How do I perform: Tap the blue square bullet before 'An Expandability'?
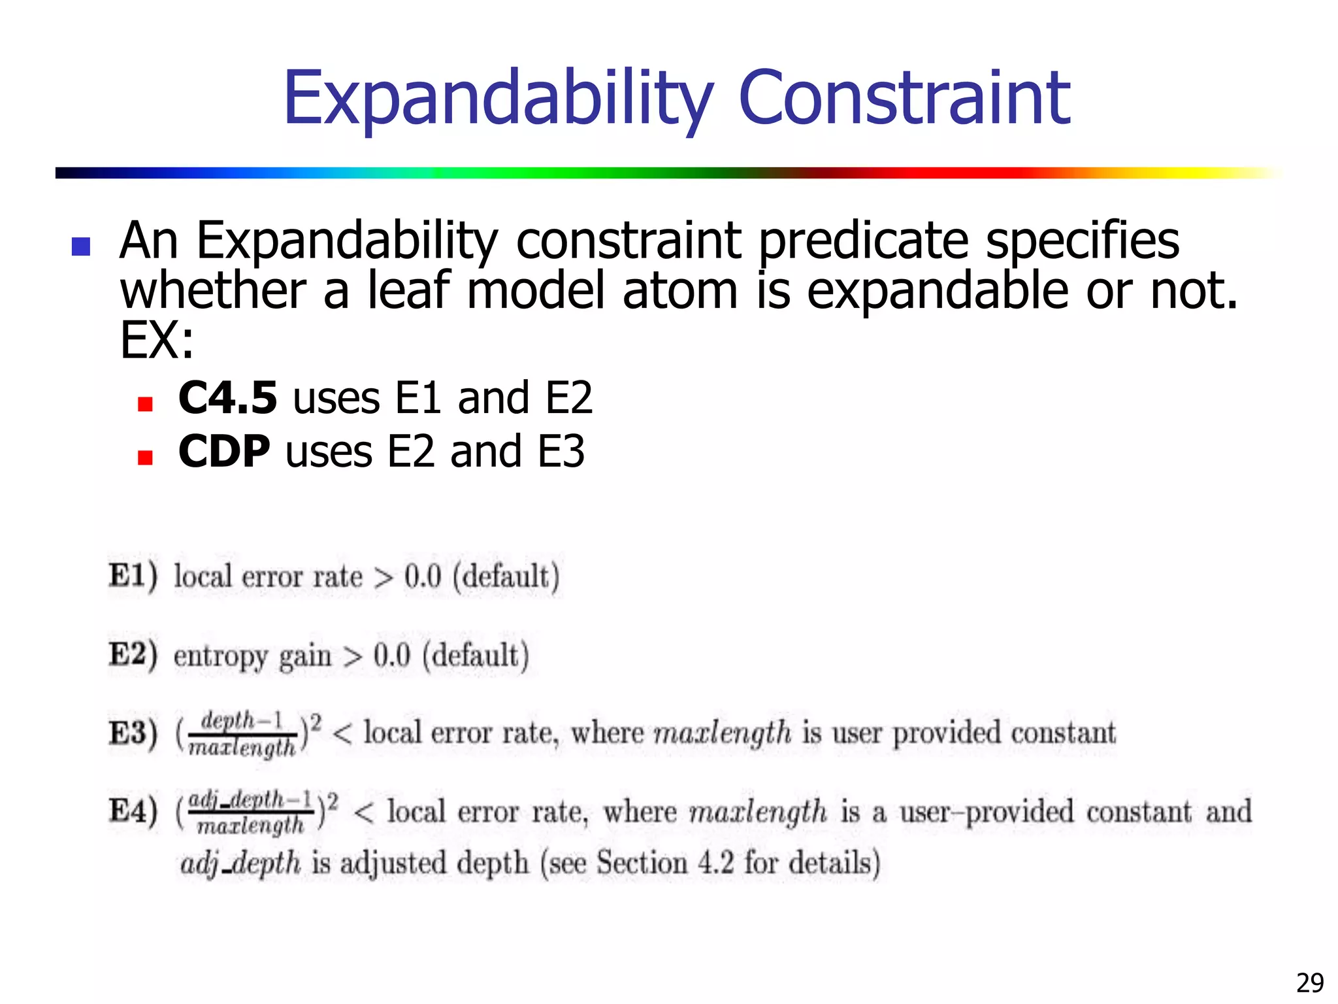[x=81, y=246]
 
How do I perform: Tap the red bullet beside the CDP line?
[x=145, y=457]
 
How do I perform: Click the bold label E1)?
[x=133, y=576]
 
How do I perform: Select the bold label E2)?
[x=133, y=654]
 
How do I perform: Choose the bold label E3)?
[x=133, y=733]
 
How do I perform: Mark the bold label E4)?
[x=133, y=811]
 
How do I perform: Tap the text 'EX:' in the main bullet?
[x=157, y=341]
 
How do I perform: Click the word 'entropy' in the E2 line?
[x=220, y=656]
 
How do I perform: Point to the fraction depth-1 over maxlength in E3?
[x=242, y=734]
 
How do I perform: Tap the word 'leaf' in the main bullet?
[x=409, y=291]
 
